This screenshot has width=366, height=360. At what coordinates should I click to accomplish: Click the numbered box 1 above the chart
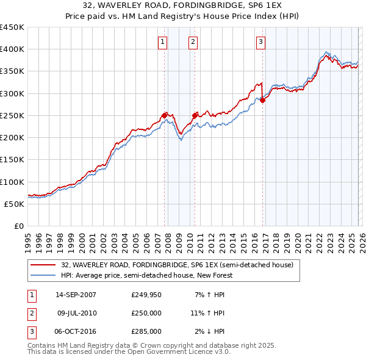(163, 42)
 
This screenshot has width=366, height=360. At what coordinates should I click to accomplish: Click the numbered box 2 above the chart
(193, 42)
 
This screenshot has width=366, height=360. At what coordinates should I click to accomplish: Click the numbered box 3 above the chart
(260, 42)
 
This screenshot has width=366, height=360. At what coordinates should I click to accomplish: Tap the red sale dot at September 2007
(165, 115)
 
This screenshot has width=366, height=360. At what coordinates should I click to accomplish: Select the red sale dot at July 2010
(195, 115)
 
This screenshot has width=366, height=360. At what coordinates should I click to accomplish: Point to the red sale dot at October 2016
(263, 101)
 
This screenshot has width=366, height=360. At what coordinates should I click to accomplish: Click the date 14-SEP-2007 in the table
(76, 295)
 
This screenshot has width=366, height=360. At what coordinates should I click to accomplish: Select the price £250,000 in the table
(146, 313)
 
